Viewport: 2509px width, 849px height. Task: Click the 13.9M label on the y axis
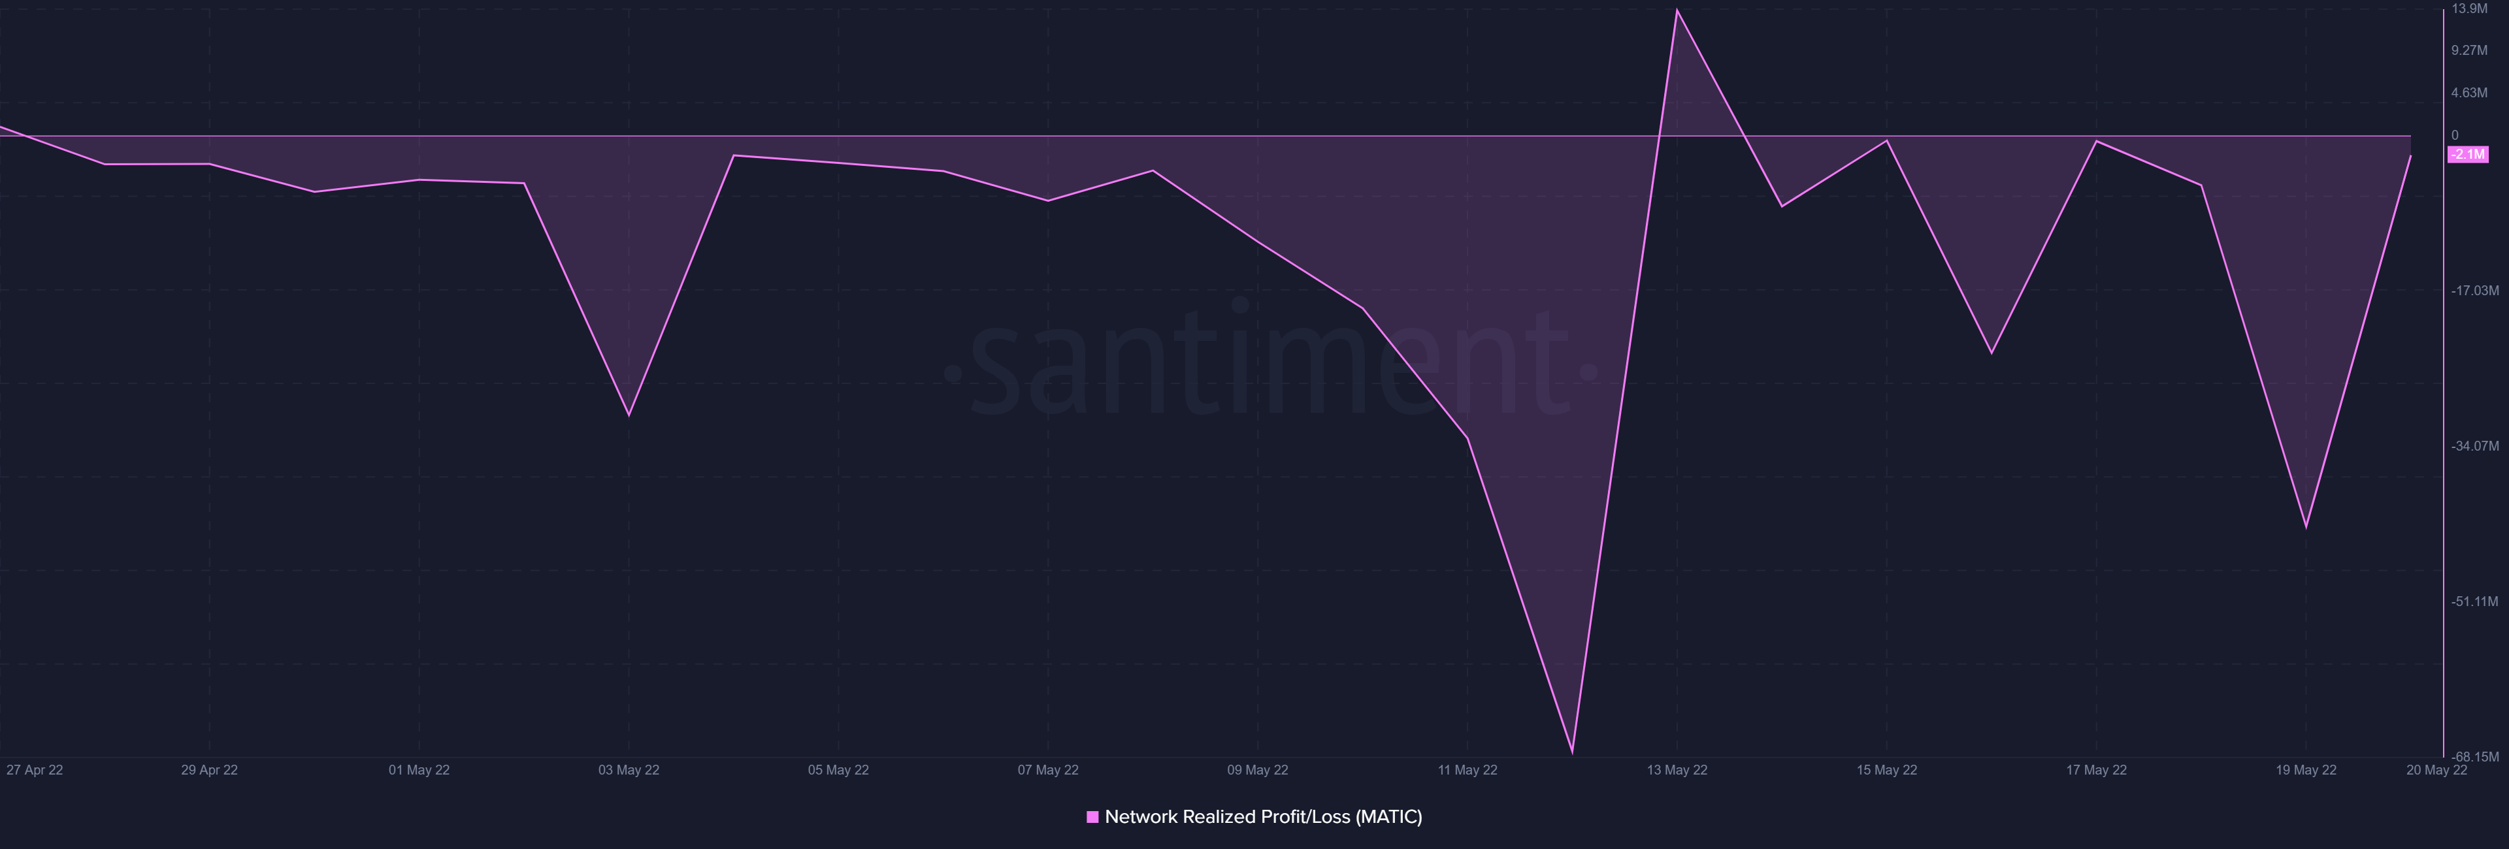point(2469,8)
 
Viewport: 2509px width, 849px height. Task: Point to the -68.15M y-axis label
point(2474,756)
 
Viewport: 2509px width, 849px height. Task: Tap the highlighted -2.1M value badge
point(2468,155)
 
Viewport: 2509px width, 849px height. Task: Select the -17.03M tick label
point(2474,290)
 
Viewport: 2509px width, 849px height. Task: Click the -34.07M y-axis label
point(2474,446)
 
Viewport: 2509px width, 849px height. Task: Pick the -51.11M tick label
point(2474,601)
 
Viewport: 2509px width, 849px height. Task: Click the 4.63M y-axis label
point(2469,93)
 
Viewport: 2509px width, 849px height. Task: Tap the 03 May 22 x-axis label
point(628,770)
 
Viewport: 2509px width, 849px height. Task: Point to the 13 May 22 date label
point(1676,770)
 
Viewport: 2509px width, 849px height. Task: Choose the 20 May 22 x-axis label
point(2436,770)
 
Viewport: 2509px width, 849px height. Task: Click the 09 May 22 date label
point(1257,770)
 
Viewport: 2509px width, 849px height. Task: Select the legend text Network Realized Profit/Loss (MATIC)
point(1263,817)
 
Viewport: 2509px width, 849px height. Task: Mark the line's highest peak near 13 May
point(1676,10)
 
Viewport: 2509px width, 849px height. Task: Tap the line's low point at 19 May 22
point(2305,527)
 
